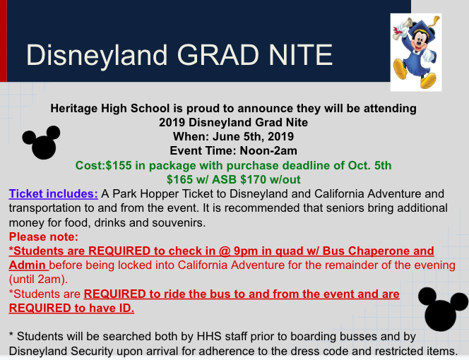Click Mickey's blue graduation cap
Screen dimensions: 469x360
[422, 29]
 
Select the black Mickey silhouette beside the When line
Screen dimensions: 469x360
[41, 142]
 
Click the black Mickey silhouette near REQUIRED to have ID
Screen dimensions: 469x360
[443, 309]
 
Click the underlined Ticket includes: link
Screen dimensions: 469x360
[53, 193]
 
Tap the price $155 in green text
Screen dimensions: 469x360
[119, 165]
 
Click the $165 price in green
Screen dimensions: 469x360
[179, 179]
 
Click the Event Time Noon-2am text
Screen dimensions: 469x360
[234, 150]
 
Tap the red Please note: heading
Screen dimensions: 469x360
[44, 236]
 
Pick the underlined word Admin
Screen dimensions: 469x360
[28, 265]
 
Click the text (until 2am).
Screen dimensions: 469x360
[38, 280]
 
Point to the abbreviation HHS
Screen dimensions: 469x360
[209, 337]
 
